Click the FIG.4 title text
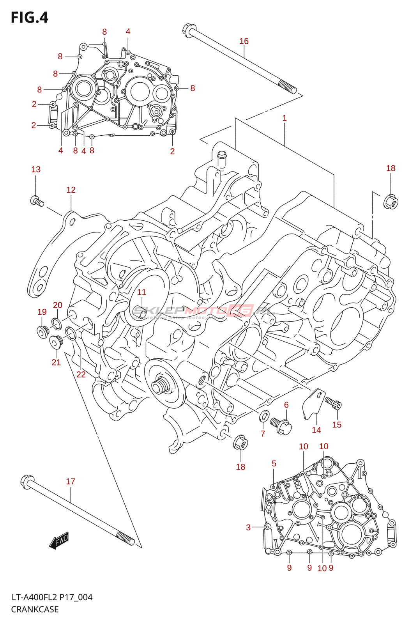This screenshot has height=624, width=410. (30, 18)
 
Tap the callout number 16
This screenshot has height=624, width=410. (244, 41)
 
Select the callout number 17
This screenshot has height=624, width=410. (71, 481)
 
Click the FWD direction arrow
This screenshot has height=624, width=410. (59, 541)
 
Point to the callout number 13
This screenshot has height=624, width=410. (36, 169)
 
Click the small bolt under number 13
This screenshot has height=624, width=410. (37, 201)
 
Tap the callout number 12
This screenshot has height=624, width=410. (71, 190)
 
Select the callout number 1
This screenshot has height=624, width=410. (285, 118)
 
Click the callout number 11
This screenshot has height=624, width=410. (141, 292)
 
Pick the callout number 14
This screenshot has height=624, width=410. (316, 430)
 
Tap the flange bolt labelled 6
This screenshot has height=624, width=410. (281, 425)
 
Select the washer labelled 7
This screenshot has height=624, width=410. (264, 416)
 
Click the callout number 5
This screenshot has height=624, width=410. (274, 463)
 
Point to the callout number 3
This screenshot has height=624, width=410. (248, 527)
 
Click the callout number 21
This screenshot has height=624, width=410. (56, 362)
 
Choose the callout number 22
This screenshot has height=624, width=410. (81, 374)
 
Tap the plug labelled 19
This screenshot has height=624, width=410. (42, 331)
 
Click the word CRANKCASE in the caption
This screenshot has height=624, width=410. (35, 609)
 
